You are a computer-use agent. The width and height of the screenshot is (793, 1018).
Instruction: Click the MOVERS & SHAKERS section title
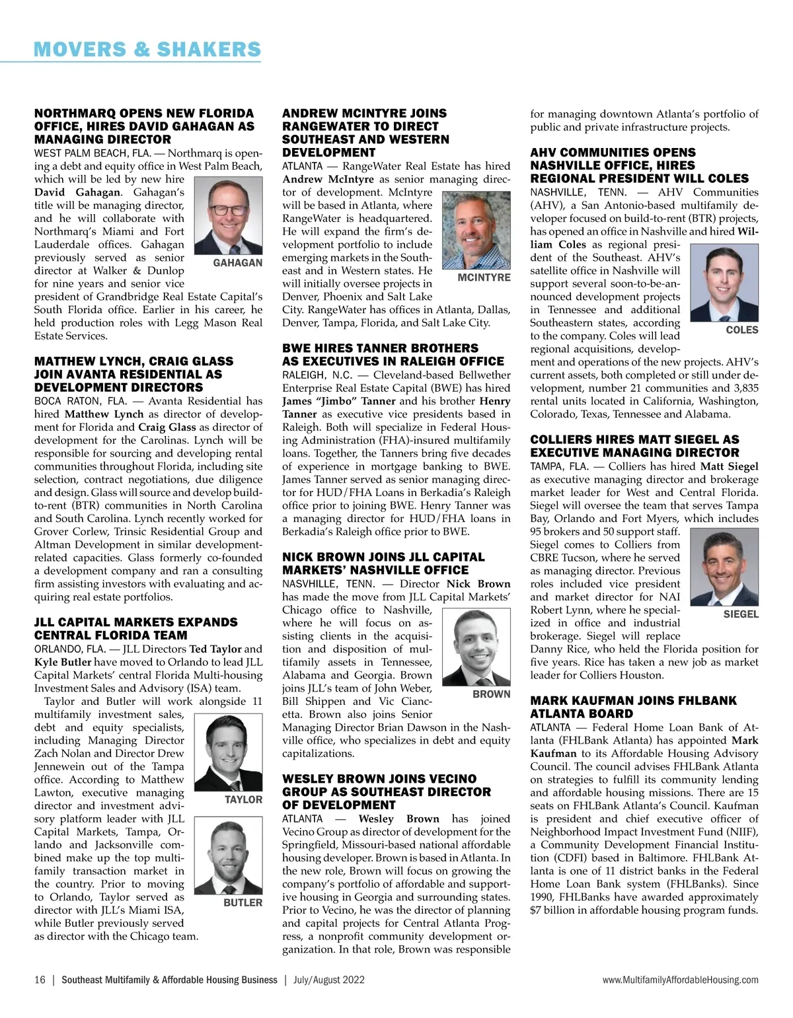coord(147,49)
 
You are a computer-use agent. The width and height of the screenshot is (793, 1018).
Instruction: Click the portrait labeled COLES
coord(724,282)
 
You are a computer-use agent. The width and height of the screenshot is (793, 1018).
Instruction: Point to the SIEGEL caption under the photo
coord(741,614)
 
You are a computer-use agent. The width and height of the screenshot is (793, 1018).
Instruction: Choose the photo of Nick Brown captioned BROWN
coord(475,647)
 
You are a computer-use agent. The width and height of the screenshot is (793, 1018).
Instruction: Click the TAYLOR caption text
coord(243,799)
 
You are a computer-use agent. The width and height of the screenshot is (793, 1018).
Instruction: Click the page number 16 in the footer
coord(40,980)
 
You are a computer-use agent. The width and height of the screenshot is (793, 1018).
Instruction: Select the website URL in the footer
coord(681,980)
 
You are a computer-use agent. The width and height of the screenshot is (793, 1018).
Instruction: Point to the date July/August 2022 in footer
coord(329,980)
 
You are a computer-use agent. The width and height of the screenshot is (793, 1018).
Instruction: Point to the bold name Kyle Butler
coord(63,662)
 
